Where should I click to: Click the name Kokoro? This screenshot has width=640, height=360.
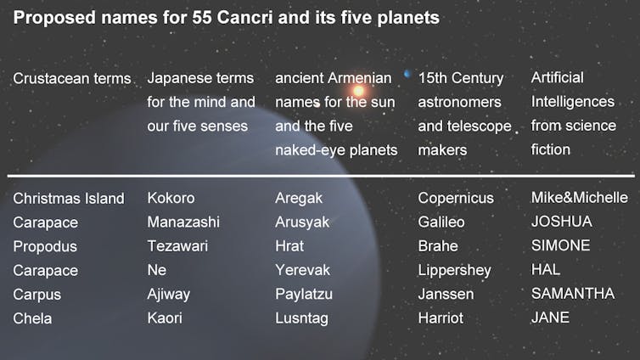[171, 198]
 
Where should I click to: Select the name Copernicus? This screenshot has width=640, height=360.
[456, 198]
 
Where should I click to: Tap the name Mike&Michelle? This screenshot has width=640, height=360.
[579, 198]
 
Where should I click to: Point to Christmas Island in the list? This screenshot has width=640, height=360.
[69, 199]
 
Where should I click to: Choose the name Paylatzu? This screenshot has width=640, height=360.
[304, 295]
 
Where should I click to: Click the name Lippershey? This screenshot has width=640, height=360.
[454, 270]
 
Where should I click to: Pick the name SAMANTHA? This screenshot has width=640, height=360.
[573, 294]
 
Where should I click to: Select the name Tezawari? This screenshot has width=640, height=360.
[177, 246]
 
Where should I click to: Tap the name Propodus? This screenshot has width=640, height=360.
[45, 246]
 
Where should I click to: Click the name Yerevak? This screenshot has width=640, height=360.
[302, 270]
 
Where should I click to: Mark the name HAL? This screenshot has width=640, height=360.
[546, 269]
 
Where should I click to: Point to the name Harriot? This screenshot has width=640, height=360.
[441, 318]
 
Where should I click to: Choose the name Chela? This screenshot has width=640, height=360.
[32, 318]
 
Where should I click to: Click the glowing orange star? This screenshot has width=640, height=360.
[358, 91]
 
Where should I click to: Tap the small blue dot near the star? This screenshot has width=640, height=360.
[407, 74]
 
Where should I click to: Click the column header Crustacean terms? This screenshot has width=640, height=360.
[72, 78]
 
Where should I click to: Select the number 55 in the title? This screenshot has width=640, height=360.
[201, 18]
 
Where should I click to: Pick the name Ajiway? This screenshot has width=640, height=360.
[169, 295]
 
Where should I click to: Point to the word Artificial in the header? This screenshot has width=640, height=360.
[557, 77]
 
